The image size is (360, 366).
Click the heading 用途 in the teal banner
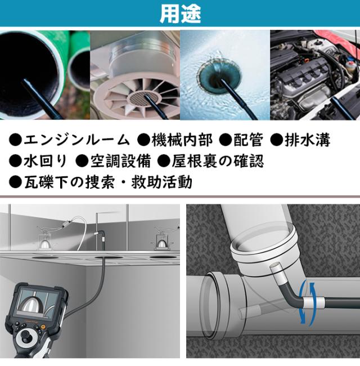tap(180, 14)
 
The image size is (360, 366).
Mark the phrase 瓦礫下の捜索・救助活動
tap(107, 182)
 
